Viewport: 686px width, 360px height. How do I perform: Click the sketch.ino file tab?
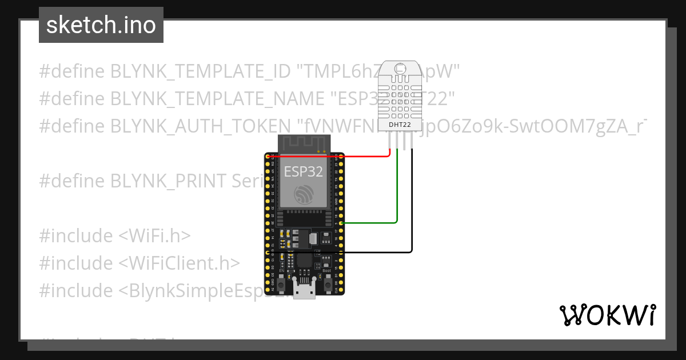(101, 25)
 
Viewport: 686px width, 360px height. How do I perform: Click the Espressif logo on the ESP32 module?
(304, 195)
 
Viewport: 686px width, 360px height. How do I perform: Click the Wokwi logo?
(607, 315)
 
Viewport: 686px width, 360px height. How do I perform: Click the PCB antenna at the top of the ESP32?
(304, 143)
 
